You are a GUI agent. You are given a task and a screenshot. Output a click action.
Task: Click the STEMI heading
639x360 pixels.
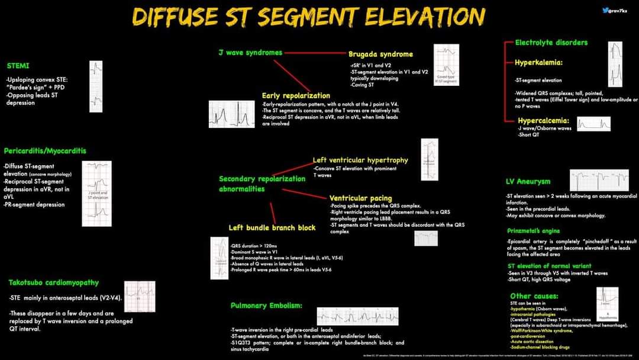[18, 65]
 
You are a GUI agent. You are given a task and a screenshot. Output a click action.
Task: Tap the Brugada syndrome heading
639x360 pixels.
[380, 54]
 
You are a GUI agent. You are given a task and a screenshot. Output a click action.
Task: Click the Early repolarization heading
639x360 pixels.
[296, 95]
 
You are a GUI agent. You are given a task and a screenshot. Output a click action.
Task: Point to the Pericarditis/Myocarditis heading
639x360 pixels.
[45, 150]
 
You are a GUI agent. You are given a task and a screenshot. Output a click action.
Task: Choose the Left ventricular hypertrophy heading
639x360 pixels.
[360, 160]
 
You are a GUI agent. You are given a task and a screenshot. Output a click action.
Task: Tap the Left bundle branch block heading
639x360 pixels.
[272, 227]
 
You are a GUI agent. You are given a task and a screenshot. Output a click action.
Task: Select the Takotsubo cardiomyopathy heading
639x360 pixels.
[54, 282]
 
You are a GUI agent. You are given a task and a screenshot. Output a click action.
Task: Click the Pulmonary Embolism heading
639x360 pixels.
[266, 306]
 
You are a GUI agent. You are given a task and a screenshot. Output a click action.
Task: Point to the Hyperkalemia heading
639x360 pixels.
[538, 62]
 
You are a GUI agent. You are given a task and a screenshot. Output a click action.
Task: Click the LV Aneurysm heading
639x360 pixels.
[528, 181]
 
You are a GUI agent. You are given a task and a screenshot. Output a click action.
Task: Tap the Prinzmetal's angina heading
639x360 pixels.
[533, 230]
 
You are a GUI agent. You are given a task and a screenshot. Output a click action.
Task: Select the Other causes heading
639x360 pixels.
[534, 295]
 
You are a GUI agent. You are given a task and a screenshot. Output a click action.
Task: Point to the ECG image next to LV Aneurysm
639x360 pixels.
[599, 180]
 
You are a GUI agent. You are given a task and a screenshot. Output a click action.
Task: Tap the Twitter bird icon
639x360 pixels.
[605, 10]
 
